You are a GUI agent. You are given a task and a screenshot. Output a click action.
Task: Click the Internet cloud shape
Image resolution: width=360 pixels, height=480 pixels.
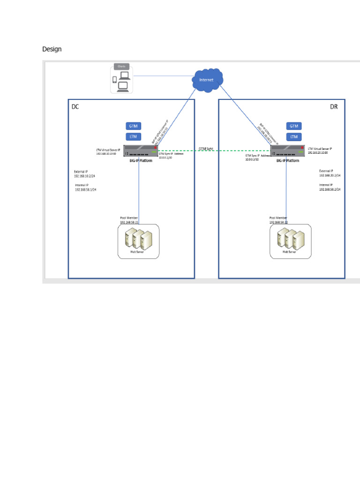click(207, 80)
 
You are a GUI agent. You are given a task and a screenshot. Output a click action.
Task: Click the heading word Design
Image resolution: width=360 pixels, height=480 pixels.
click(52, 49)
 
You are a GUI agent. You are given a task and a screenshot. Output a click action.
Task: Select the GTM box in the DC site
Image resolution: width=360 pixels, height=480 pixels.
click(134, 126)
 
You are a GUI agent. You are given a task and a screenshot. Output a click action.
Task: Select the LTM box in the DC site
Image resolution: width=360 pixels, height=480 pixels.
click(134, 136)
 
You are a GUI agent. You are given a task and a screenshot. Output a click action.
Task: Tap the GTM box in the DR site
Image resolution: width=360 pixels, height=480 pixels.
click(294, 126)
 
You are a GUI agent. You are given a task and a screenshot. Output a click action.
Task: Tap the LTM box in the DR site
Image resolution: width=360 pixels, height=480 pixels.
click(294, 136)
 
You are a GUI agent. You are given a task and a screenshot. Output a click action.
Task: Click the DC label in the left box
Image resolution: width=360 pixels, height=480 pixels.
click(75, 106)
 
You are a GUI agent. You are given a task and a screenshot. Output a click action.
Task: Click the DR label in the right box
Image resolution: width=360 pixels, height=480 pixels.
click(334, 106)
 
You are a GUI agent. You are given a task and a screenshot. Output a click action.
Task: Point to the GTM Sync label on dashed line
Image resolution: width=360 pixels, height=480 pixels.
click(206, 149)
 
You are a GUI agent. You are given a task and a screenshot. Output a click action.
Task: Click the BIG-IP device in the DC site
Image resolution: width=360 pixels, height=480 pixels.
click(140, 151)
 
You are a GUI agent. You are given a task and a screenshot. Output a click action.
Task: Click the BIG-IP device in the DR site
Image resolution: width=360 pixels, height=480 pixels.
click(287, 151)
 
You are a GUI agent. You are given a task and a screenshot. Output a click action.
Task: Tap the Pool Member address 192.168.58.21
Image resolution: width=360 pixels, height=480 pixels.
click(129, 223)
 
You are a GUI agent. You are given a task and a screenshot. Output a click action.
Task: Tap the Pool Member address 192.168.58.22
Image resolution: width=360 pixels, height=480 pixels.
click(278, 223)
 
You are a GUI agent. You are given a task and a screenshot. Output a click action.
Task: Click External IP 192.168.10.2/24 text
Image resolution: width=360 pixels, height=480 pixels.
click(85, 176)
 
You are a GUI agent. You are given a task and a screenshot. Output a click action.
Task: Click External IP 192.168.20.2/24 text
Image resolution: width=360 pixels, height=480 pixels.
click(330, 175)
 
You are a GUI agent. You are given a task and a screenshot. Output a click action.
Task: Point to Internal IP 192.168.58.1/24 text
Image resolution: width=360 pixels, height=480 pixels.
click(85, 189)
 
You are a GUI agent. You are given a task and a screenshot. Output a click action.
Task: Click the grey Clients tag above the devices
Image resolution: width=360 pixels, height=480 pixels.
click(121, 67)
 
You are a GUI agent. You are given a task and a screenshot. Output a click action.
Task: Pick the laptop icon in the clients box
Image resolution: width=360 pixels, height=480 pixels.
click(123, 86)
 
